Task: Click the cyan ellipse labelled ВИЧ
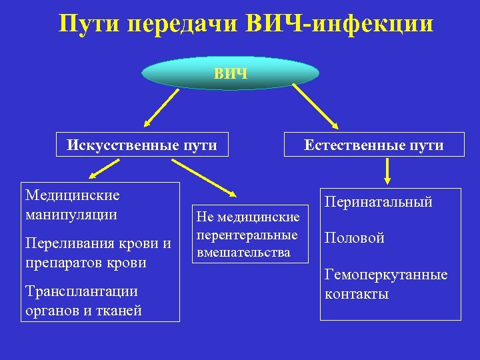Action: [x=231, y=73]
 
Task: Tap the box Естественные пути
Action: [x=373, y=145]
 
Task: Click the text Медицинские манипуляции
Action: [x=72, y=205]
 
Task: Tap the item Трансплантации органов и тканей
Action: [x=83, y=301]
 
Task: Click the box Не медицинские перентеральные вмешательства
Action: [x=247, y=234]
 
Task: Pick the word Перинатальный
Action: [x=378, y=201]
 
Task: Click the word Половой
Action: [x=354, y=238]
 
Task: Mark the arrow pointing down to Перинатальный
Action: [x=387, y=172]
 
